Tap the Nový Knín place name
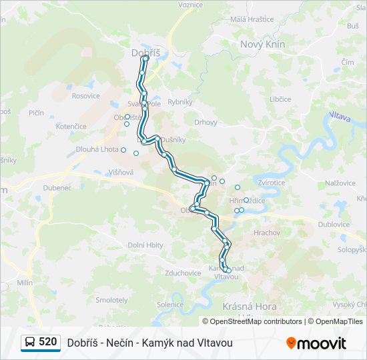click(262, 44)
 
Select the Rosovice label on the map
click(86, 96)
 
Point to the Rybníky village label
click(179, 102)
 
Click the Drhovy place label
click(206, 122)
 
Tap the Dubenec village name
click(58, 188)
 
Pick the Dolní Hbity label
click(145, 245)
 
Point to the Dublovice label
click(334, 225)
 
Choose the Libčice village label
click(280, 99)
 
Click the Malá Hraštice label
click(252, 19)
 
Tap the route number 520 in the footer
click(47, 342)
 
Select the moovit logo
click(316, 343)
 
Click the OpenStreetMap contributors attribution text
click(256, 321)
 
